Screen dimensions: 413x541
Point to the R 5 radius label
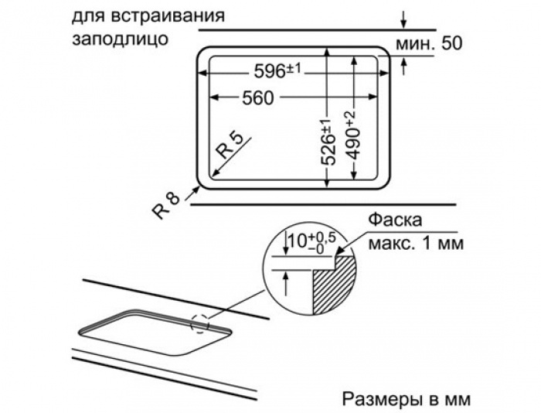[x=230, y=146]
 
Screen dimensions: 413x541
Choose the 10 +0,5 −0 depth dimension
[x=310, y=241]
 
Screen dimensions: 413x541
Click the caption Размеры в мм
[x=406, y=399]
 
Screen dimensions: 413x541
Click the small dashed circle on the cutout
[x=200, y=323]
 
